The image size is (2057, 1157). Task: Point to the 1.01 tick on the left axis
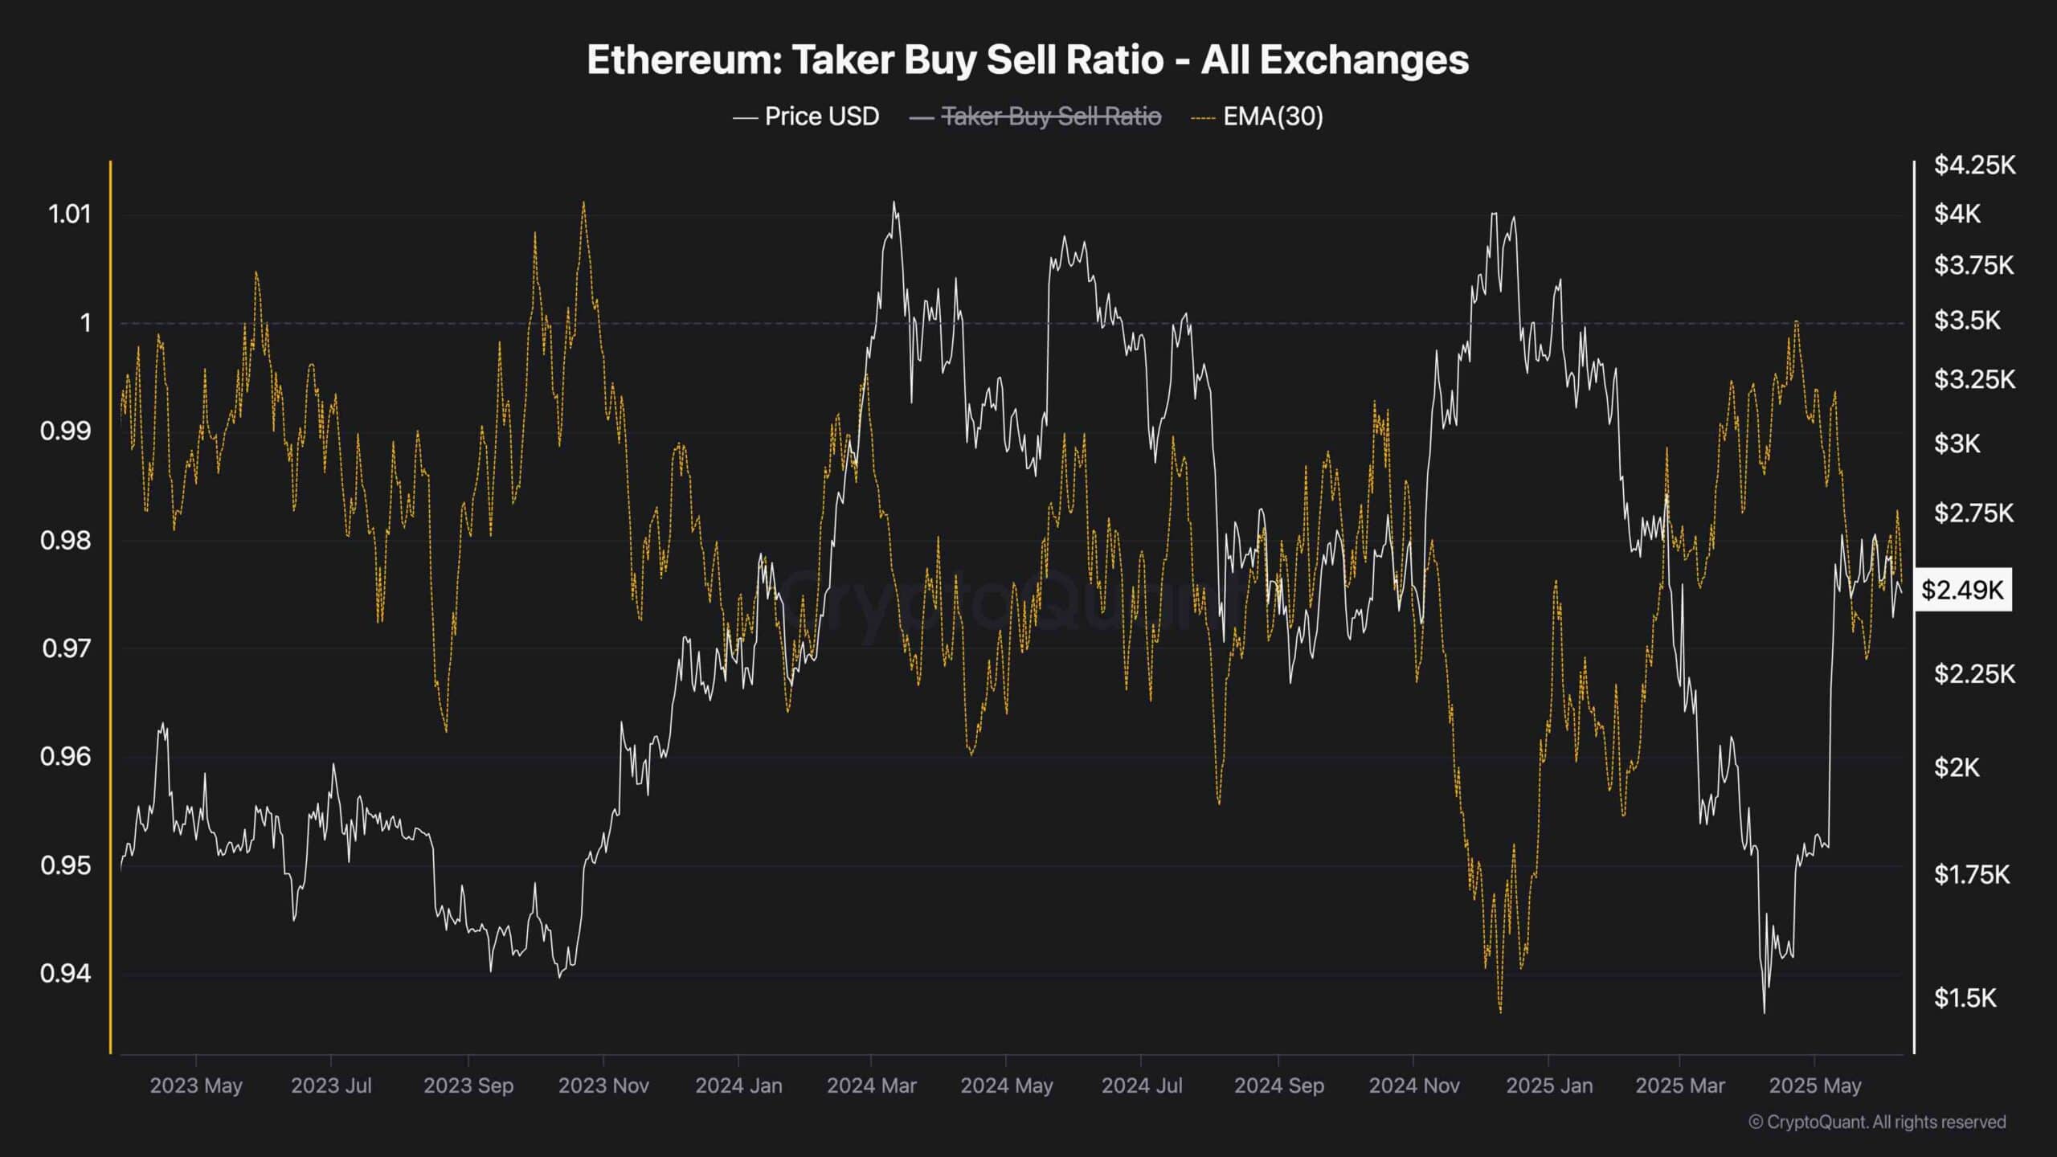(x=70, y=214)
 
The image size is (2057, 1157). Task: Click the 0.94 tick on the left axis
(x=65, y=974)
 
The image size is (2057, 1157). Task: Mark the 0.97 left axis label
(x=65, y=648)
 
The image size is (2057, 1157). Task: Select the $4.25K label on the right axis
(x=1974, y=165)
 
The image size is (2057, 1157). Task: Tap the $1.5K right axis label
(x=1965, y=998)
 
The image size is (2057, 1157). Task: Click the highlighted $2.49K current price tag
(x=1962, y=591)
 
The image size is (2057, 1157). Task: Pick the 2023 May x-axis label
(x=195, y=1085)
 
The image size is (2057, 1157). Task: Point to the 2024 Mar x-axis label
(x=871, y=1085)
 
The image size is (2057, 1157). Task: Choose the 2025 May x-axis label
(x=1814, y=1085)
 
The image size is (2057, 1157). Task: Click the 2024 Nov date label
(x=1413, y=1085)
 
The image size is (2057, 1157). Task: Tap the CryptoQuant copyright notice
(x=1877, y=1122)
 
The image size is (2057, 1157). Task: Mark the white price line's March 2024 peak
(x=894, y=202)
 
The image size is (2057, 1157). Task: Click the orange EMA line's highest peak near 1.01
(x=583, y=202)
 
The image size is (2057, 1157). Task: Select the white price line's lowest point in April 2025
(x=1765, y=1012)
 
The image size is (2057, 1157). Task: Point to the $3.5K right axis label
(x=1966, y=320)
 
